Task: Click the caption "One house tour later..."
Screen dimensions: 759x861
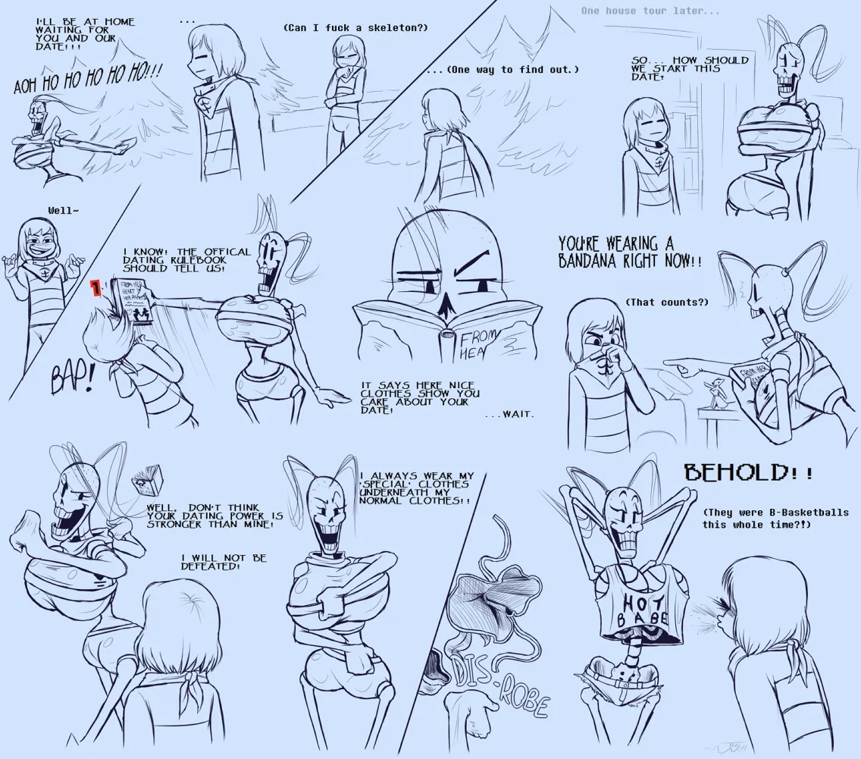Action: coord(650,11)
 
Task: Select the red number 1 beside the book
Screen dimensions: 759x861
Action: coord(96,289)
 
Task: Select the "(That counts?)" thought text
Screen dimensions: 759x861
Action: coord(666,302)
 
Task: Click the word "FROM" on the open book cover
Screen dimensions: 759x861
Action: coord(463,336)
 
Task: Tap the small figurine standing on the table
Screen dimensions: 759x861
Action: coord(713,394)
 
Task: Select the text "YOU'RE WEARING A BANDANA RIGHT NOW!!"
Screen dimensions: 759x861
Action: coord(629,252)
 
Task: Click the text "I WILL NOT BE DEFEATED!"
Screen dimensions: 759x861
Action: coord(224,562)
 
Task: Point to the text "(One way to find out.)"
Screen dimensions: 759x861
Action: coord(503,70)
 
